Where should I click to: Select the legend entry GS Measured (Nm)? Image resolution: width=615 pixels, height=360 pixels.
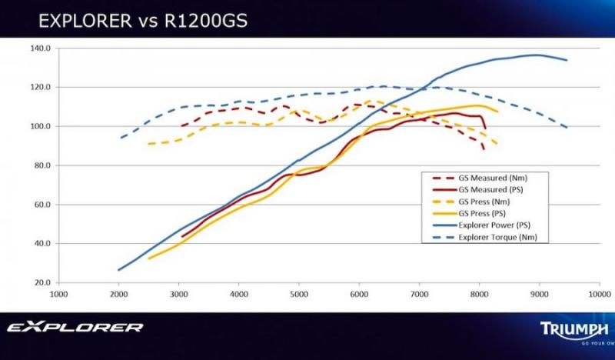click(492, 178)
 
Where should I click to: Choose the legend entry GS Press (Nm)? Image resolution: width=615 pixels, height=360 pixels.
click(484, 202)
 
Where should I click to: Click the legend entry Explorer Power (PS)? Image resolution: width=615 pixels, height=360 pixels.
click(495, 225)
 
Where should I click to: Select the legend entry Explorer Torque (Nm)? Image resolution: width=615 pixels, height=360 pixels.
click(498, 238)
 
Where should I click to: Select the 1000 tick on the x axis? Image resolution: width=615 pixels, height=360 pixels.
click(58, 293)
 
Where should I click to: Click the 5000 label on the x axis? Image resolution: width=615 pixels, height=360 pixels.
click(299, 293)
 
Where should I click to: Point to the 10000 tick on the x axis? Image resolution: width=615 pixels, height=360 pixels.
click(600, 293)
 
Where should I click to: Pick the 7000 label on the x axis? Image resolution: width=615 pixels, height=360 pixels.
click(419, 293)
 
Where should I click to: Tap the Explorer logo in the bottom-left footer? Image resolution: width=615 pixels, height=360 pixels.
click(75, 327)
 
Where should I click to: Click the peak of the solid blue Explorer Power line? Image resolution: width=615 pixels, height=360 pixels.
click(535, 55)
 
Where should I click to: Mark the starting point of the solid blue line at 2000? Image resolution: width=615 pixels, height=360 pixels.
click(118, 270)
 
